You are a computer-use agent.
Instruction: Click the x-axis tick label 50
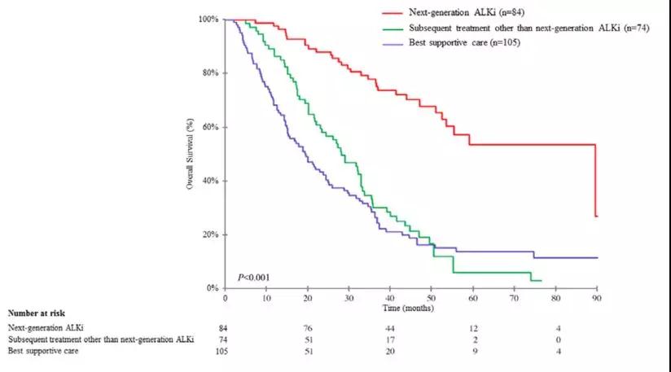point(431,299)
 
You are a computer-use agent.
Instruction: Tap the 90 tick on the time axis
point(597,299)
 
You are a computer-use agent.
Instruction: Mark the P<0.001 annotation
point(254,278)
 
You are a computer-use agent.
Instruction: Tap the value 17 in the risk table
point(390,339)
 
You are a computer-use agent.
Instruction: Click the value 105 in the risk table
point(224,352)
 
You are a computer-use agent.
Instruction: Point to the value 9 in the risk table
point(473,352)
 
